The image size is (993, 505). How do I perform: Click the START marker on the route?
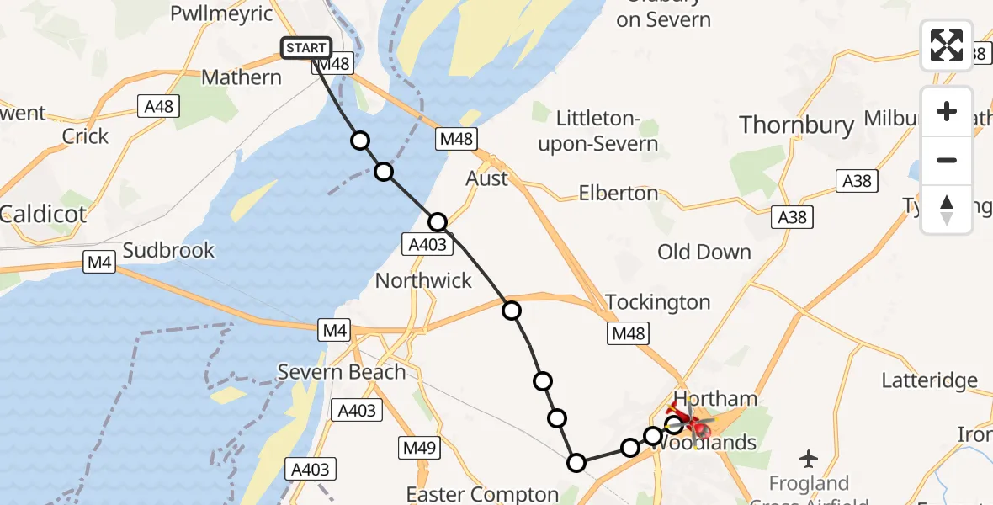coord(306,48)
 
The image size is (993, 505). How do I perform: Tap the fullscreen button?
coord(947,45)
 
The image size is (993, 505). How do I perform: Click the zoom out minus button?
coord(947,160)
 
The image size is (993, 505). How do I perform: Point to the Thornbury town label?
coord(796,125)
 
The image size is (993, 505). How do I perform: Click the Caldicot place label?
coord(44,214)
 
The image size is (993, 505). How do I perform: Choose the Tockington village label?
coord(658,302)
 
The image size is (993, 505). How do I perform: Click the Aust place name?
coord(487,178)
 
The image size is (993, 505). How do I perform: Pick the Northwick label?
coord(423,280)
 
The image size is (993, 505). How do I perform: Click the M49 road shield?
coord(418,448)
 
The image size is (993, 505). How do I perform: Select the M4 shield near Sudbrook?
coord(99,264)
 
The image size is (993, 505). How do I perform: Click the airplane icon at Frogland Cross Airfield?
coord(810,459)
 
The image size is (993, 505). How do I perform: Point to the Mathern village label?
coord(242,77)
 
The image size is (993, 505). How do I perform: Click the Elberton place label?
coord(619,193)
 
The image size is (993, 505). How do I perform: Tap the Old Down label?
coord(704,252)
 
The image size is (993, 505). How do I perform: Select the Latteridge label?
coord(929,380)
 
